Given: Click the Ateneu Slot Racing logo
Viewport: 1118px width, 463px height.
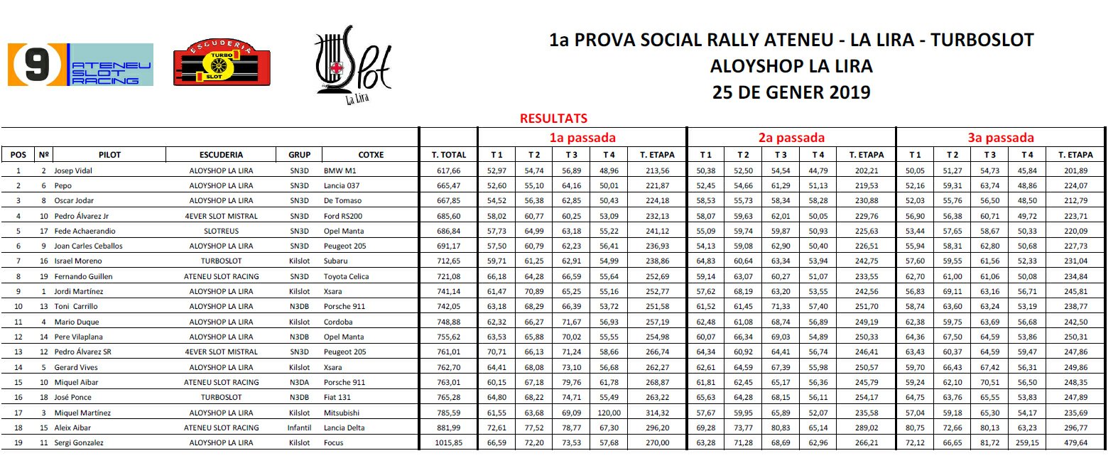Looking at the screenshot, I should pos(80,65).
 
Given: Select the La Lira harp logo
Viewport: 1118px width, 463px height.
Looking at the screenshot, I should pos(353,65).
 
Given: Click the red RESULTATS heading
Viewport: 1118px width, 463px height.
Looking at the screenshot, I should pos(553,119).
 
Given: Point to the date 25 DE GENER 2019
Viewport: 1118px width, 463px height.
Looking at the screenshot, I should pos(791,92).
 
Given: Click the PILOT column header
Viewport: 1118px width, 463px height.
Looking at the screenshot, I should pos(109,155).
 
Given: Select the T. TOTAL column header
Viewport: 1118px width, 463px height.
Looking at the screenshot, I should pos(449,155).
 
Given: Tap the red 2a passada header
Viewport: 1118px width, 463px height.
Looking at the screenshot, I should pos(791,138).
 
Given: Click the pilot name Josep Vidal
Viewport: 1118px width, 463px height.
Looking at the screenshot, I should pos(73,170).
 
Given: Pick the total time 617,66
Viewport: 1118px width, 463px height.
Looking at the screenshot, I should pos(449,170).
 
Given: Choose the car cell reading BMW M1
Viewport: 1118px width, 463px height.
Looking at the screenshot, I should pos(340,170).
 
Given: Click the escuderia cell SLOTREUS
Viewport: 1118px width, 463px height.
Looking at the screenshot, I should pos(221,231).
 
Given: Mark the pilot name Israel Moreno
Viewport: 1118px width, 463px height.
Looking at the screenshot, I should pos(78,261).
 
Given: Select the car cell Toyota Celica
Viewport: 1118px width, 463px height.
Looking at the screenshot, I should pos(346,276).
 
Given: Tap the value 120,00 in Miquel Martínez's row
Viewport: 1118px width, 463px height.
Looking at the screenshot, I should pos(609,413).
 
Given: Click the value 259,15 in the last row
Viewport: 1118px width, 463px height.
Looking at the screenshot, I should pos(1027,442).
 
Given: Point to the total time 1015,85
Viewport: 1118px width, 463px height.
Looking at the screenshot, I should pos(448,442).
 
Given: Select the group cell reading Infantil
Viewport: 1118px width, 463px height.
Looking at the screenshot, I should pos(299,427).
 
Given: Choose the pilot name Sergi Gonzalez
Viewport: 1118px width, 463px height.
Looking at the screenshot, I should pos(79,442).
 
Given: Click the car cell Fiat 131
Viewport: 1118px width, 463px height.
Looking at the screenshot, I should pos(337,397).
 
